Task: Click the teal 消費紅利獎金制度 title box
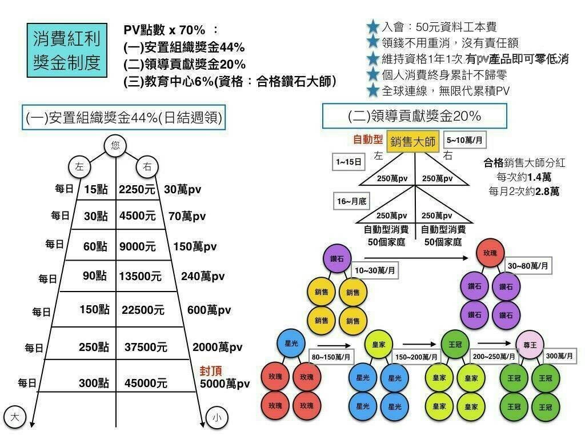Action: pyautogui.click(x=67, y=50)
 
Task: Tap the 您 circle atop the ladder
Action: pyautogui.click(x=116, y=146)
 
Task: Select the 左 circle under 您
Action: pyautogui.click(x=79, y=167)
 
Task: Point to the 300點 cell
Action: pyautogui.click(x=94, y=383)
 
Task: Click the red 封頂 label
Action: pyautogui.click(x=210, y=370)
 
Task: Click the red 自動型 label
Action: pyautogui.click(x=368, y=139)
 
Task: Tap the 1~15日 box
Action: pyautogui.click(x=348, y=162)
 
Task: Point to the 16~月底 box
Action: pyautogui.click(x=351, y=201)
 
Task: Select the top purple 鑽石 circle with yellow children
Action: pyautogui.click(x=337, y=258)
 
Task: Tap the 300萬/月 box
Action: pyautogui.click(x=559, y=356)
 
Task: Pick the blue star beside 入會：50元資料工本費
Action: pyautogui.click(x=373, y=26)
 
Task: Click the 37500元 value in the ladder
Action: pyautogui.click(x=146, y=347)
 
